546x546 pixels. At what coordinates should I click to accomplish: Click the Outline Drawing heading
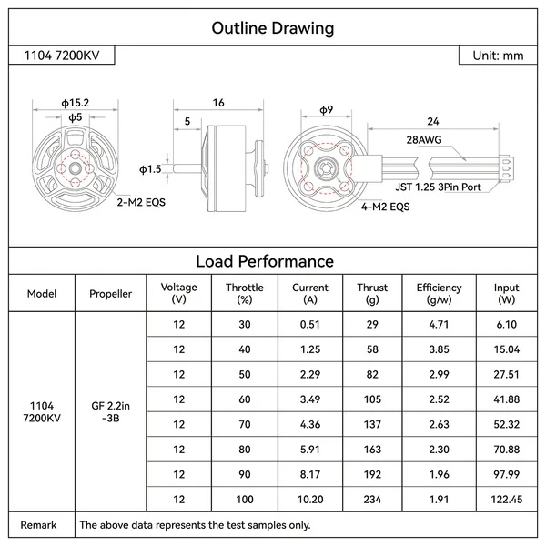272,28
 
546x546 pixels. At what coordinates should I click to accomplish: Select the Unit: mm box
498,56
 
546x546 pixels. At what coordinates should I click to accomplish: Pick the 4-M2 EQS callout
389,207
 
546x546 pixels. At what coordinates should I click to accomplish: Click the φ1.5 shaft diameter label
150,168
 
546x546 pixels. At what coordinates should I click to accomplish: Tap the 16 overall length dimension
218,104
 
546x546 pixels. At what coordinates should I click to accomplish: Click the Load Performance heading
272,261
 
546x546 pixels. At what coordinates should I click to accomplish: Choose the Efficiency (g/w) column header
439,293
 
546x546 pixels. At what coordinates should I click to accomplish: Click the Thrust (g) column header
372,293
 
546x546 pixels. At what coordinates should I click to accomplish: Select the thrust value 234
372,500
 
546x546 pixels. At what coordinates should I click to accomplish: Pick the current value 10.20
309,500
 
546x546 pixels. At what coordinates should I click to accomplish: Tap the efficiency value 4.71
439,325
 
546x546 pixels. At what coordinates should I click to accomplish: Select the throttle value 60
244,399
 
